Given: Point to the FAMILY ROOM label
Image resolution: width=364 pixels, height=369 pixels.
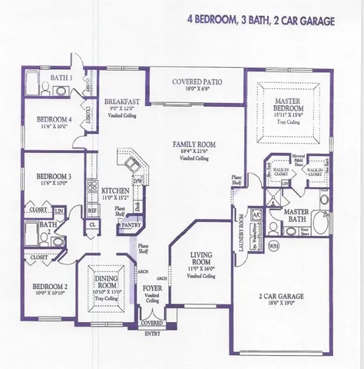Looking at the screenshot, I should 196,144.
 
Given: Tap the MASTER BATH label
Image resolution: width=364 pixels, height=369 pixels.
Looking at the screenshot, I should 296,215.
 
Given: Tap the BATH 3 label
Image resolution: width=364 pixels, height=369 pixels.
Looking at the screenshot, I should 62,78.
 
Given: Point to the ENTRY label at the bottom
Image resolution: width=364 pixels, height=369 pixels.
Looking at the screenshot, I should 152,332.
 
